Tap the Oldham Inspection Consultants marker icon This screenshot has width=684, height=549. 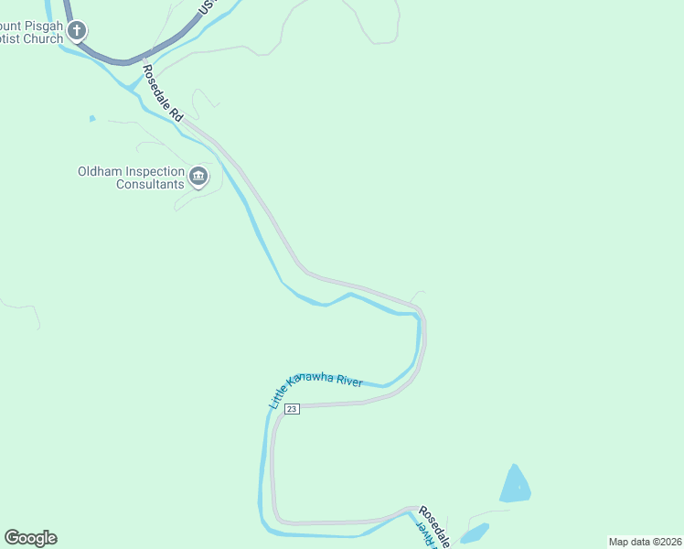coord(198,177)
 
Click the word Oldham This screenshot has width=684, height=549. coord(100,171)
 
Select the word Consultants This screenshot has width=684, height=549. coord(150,184)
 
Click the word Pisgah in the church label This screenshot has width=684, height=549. coord(41,26)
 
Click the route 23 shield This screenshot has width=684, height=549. coord(291,409)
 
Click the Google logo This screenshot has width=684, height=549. coord(30,538)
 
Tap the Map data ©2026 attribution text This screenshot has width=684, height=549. coord(645,542)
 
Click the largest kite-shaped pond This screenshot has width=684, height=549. coord(515,485)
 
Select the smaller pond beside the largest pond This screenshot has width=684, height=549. coord(474,533)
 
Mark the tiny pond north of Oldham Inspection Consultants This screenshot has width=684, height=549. coord(91,118)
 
